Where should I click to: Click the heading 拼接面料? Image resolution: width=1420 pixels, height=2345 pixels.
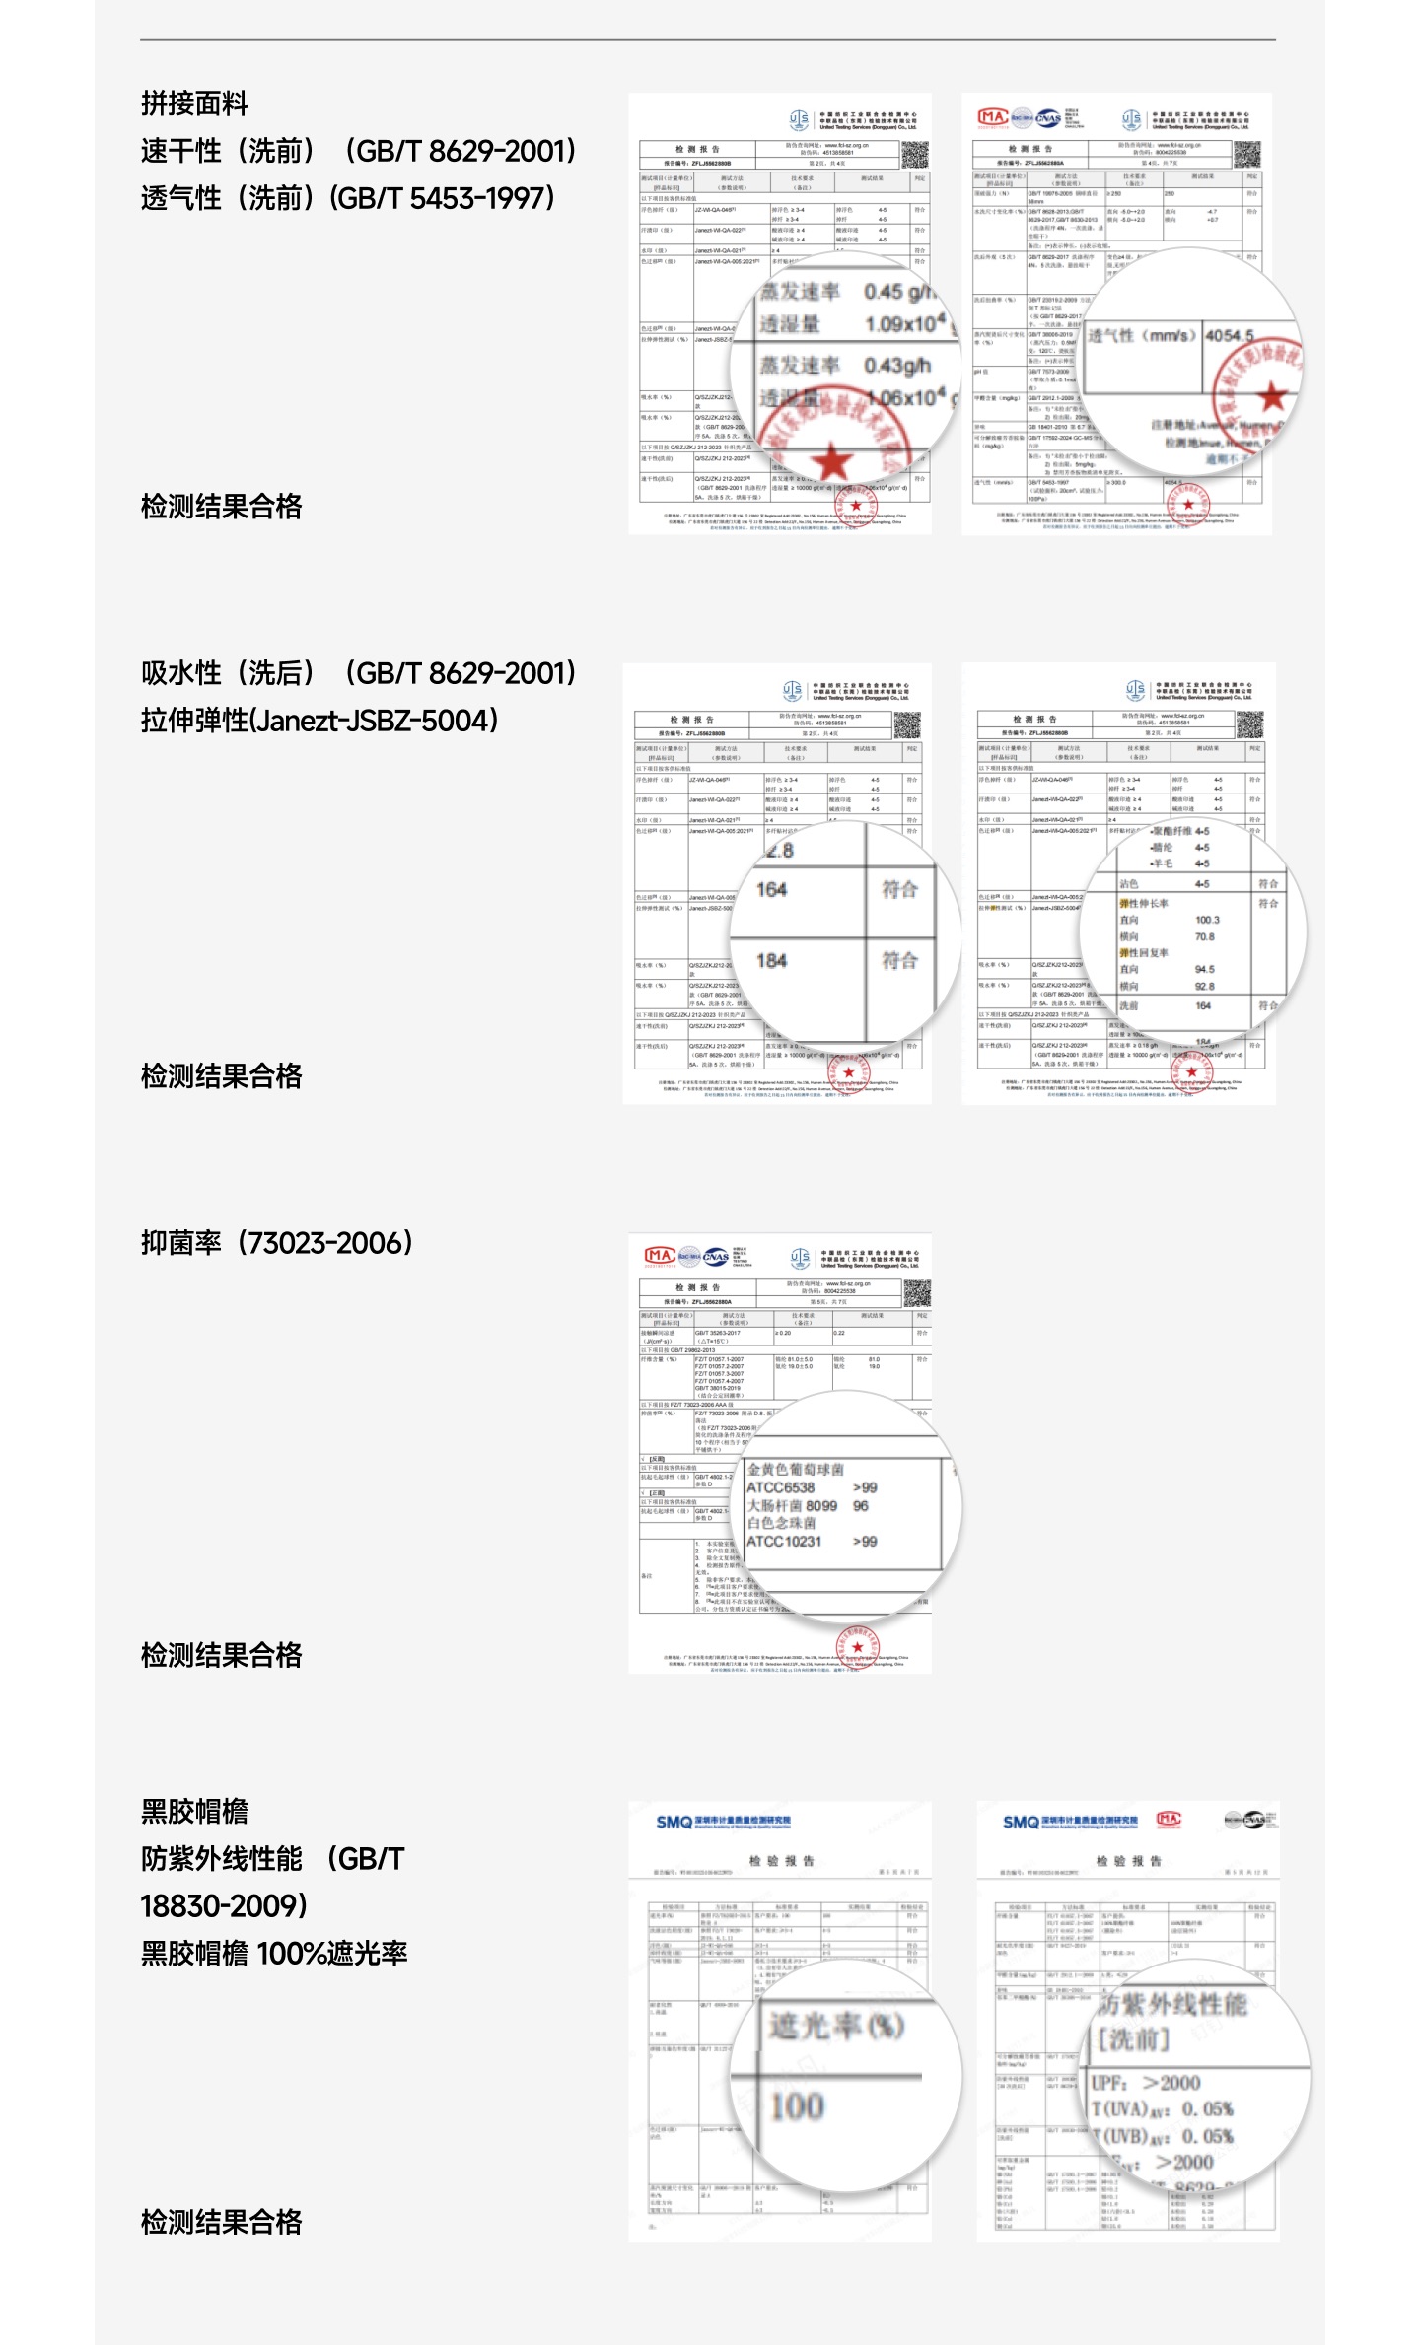[x=194, y=103]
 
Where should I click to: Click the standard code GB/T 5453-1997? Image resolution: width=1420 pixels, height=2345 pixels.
[x=444, y=198]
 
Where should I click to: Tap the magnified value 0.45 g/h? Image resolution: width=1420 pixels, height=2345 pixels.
[x=897, y=292]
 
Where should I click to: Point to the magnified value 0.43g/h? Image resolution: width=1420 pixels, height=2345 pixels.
[x=896, y=366]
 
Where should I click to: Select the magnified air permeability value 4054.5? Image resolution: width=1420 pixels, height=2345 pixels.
[x=1229, y=336]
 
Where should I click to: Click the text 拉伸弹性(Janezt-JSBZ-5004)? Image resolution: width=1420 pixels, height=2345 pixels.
[x=319, y=721]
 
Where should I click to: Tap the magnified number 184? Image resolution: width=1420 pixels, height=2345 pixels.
[x=771, y=960]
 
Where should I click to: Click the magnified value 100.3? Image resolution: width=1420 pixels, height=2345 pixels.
[x=1207, y=920]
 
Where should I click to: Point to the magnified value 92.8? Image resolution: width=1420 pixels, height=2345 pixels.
[x=1204, y=986]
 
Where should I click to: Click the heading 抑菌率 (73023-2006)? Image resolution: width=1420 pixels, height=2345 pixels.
[x=277, y=1243]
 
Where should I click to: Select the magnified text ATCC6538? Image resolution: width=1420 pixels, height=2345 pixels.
[x=781, y=1487]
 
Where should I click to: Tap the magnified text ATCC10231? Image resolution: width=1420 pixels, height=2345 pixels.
[x=784, y=1541]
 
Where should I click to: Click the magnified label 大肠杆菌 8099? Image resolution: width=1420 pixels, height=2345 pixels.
[x=792, y=1505]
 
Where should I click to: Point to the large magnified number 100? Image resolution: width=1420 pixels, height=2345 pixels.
[x=797, y=2106]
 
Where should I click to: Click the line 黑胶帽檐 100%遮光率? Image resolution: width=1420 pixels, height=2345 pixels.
[x=274, y=1953]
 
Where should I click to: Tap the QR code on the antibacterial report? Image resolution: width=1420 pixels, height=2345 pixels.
[x=917, y=1292]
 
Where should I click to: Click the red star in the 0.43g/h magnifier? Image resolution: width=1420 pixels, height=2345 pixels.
[x=834, y=460]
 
